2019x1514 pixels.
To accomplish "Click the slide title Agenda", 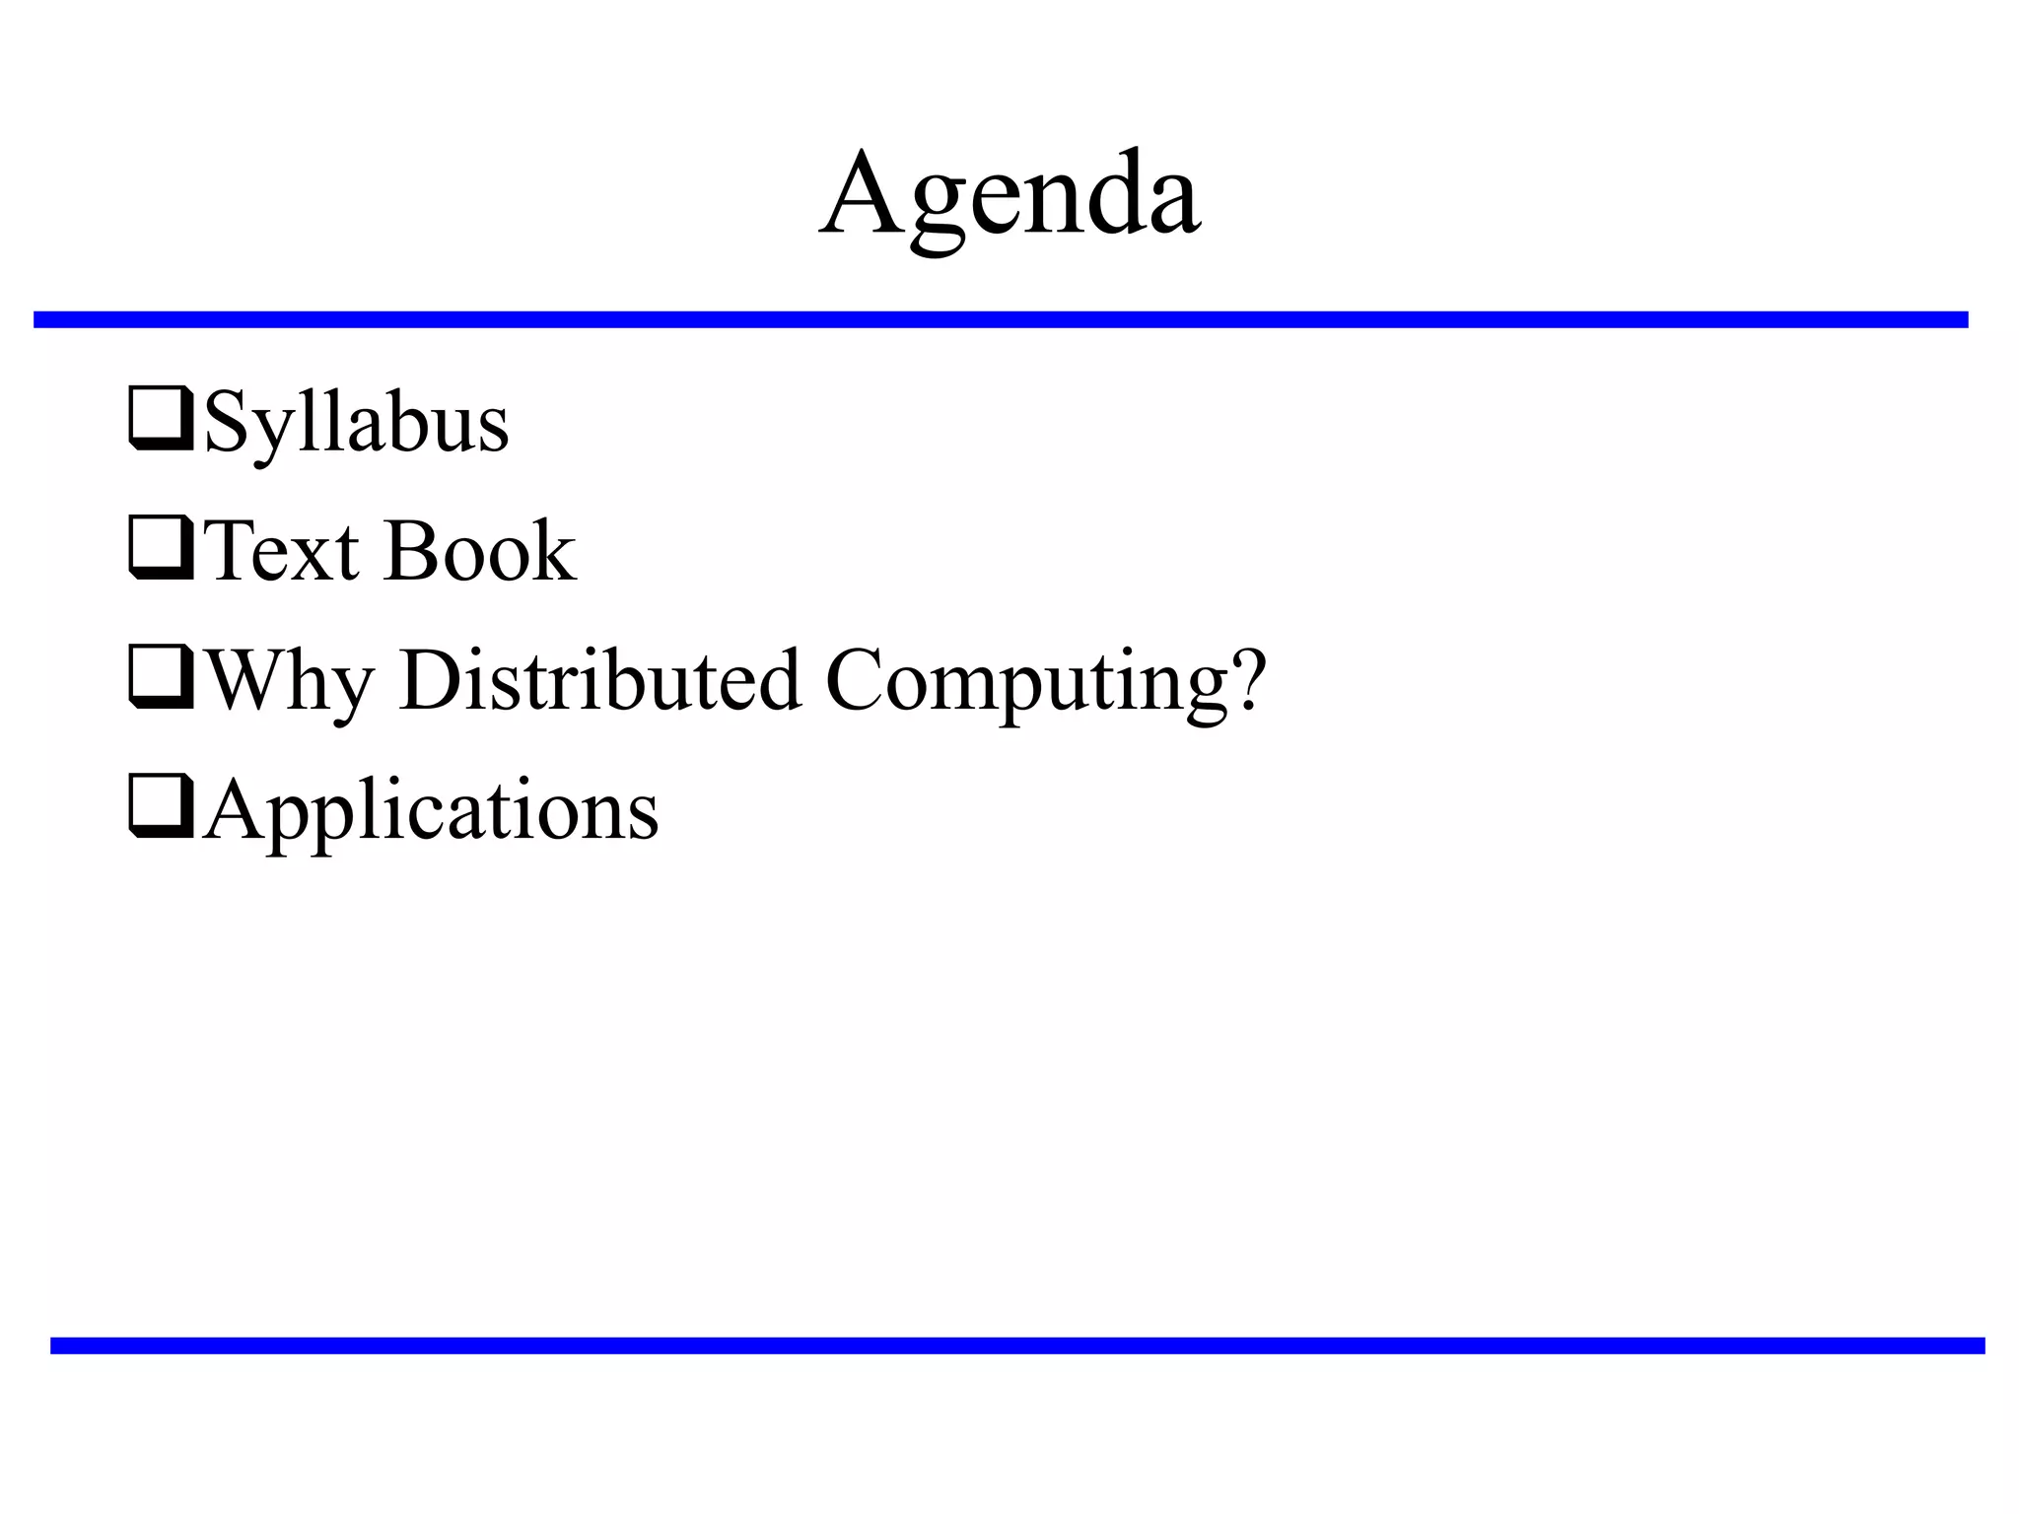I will [1009, 195].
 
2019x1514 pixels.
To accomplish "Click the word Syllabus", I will [356, 423].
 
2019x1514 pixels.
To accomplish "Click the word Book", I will [480, 551].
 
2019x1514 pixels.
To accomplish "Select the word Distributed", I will [599, 680].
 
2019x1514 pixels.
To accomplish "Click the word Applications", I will [431, 811].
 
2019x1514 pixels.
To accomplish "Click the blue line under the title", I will [1001, 319].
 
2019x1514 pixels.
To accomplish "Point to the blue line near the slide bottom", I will [1017, 1345].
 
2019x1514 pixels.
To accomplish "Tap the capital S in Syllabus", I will [225, 422].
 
